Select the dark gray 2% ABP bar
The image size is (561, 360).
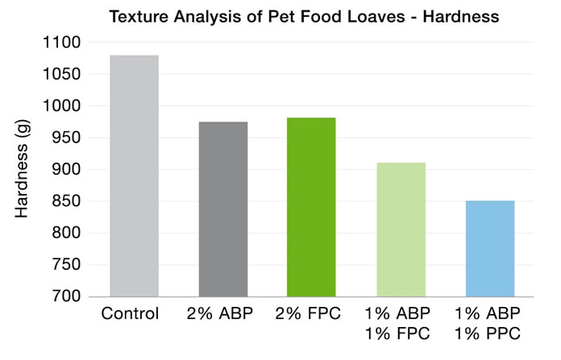point(223,209)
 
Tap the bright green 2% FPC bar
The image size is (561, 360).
point(312,207)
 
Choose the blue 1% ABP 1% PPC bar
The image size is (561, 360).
point(490,248)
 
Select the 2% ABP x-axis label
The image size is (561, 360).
point(223,312)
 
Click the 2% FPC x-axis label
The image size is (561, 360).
point(312,312)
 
